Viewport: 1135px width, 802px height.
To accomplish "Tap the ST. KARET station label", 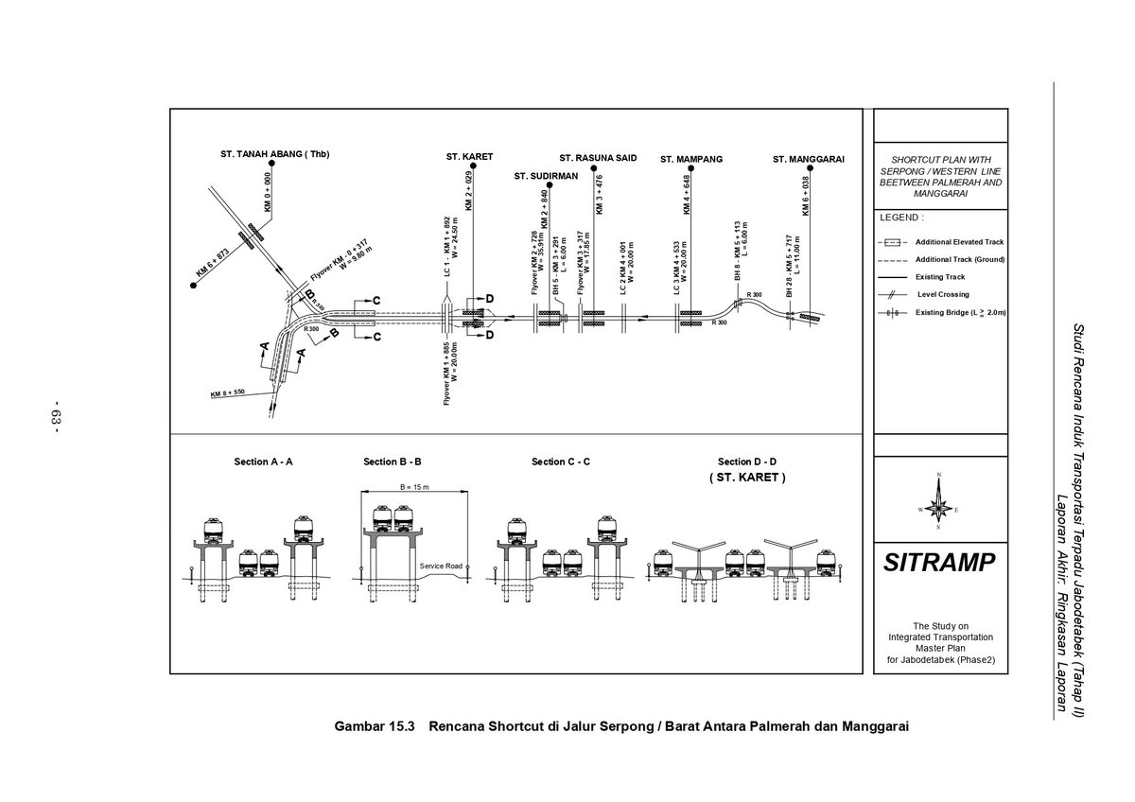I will [x=470, y=157].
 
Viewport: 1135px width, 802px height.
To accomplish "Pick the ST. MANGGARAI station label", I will [x=808, y=159].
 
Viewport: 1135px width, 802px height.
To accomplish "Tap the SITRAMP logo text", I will [x=939, y=564].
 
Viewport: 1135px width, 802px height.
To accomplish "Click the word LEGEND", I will [x=899, y=218].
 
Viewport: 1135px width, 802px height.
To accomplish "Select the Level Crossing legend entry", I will [x=942, y=294].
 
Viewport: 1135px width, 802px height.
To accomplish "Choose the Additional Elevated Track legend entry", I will [x=959, y=241].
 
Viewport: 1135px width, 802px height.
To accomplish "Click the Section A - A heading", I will [x=263, y=462].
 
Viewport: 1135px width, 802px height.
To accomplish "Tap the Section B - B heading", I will [x=392, y=462].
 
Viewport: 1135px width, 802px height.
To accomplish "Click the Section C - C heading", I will [x=561, y=462].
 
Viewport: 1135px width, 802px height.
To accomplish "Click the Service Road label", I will [x=440, y=566].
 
